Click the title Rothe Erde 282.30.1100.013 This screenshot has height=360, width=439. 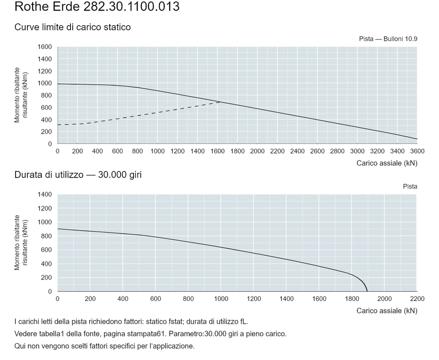(97, 6)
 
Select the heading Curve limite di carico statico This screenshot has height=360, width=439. (73, 27)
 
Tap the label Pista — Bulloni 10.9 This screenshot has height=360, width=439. (388, 39)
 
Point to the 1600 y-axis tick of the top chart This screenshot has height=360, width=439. (45, 47)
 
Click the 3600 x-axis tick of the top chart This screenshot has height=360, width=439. (417, 151)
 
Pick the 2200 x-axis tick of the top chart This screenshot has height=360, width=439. (277, 151)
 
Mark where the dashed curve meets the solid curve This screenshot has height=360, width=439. (220, 102)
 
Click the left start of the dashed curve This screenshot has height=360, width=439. (58, 125)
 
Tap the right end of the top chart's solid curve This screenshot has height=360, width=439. (417, 139)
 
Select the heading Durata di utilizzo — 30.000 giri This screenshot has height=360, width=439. (78, 175)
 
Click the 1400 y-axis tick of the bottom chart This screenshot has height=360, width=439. (45, 194)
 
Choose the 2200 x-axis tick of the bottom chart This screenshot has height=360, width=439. (417, 299)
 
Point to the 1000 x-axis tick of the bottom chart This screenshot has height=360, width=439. (221, 299)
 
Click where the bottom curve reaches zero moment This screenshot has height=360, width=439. (367, 291)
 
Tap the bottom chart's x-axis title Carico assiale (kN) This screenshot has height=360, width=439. (387, 311)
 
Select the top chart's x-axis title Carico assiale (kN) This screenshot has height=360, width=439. (387, 163)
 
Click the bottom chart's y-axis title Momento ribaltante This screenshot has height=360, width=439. (17, 242)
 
